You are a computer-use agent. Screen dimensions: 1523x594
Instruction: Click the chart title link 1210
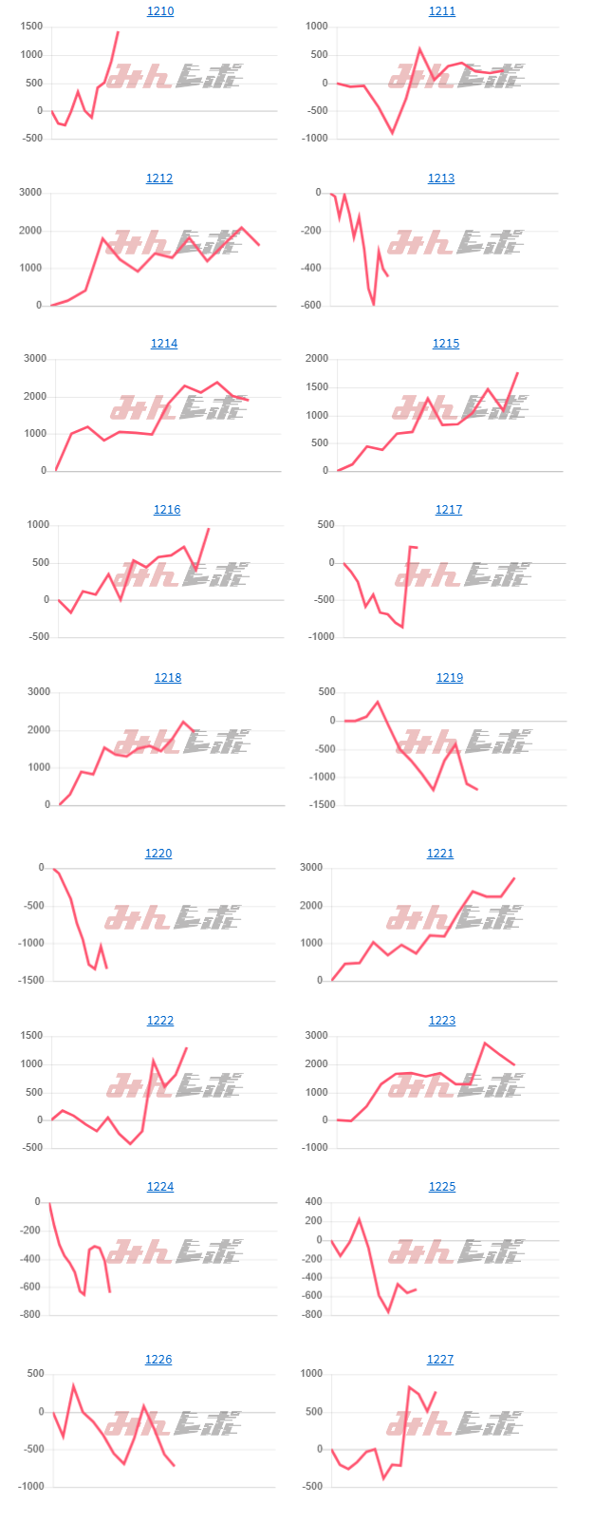(x=160, y=11)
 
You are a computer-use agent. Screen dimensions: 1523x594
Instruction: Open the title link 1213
(x=441, y=179)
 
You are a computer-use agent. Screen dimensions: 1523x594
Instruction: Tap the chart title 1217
(x=449, y=510)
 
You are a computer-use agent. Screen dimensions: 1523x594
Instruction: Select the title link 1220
(x=158, y=854)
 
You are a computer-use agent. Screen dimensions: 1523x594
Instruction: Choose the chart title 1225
(x=442, y=1187)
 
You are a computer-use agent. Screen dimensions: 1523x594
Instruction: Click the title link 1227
(x=440, y=1360)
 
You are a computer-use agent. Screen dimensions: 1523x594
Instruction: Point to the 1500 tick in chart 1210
(x=31, y=27)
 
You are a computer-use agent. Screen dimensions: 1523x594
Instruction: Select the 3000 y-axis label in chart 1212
(x=31, y=193)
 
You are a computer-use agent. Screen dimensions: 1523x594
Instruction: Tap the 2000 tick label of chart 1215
(x=316, y=359)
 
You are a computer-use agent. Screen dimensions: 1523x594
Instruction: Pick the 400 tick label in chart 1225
(x=313, y=1202)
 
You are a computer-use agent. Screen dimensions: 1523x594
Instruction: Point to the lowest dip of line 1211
(x=392, y=133)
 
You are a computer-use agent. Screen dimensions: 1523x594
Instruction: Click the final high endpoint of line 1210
(x=118, y=32)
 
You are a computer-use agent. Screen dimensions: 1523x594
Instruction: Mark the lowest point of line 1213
(x=374, y=304)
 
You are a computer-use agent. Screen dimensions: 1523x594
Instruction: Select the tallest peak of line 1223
(x=485, y=1044)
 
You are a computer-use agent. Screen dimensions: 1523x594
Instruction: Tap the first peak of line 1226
(x=73, y=1385)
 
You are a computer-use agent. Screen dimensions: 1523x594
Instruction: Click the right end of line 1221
(x=514, y=878)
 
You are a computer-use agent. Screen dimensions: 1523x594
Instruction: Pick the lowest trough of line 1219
(x=434, y=789)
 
